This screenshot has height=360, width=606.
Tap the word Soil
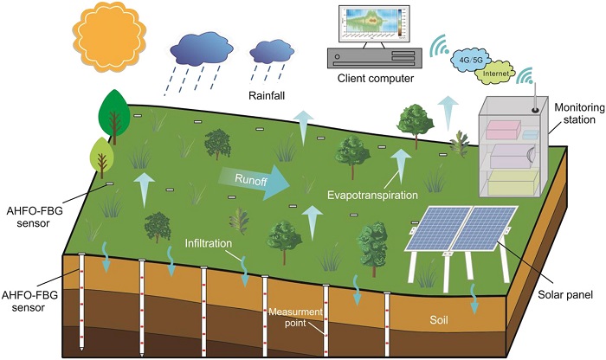pos(442,320)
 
